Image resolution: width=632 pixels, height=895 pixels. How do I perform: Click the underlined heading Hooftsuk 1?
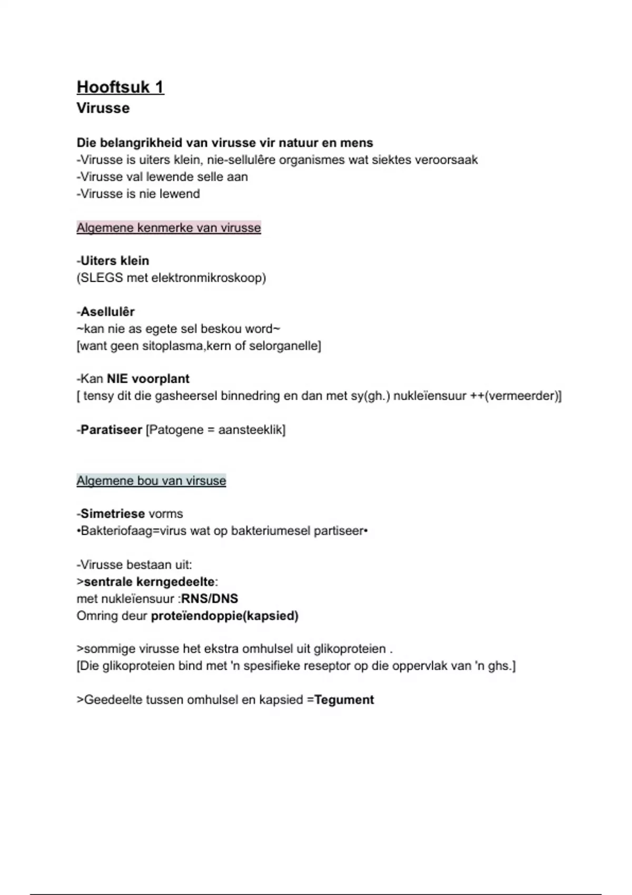[x=120, y=87]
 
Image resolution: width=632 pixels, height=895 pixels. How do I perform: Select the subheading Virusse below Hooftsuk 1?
[x=103, y=108]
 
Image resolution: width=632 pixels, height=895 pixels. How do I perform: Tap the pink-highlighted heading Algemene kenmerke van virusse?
[x=169, y=228]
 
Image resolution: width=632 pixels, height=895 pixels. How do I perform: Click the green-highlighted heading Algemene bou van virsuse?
[x=151, y=481]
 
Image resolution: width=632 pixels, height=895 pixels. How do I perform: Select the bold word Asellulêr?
[x=107, y=312]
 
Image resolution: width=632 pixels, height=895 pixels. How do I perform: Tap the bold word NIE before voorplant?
[x=117, y=379]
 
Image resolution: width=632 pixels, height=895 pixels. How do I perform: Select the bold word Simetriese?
[x=112, y=514]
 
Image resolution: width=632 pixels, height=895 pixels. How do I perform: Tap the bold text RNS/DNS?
[x=210, y=599]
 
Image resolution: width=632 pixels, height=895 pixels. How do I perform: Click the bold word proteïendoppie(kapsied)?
[x=224, y=616]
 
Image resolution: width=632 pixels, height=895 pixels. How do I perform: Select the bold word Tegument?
[x=344, y=700]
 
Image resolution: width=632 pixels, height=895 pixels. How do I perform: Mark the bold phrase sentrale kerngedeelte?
[x=149, y=582]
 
